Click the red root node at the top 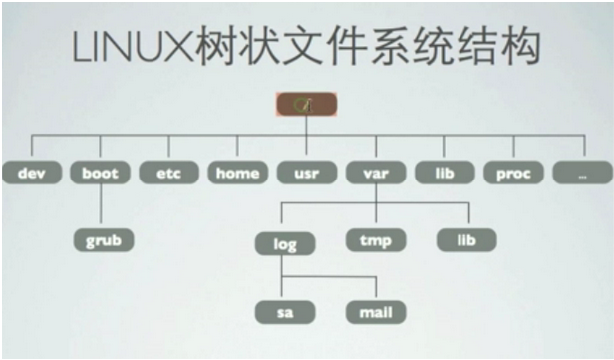306,104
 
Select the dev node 31,173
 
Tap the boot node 100,173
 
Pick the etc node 168,173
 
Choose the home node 237,173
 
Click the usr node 306,173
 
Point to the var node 375,173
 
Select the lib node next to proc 444,173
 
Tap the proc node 513,173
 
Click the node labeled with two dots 581,173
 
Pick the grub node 104,240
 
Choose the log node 285,243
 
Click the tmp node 375,240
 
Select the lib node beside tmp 465,240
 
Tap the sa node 285,312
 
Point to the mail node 375,312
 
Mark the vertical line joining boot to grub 100,206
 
